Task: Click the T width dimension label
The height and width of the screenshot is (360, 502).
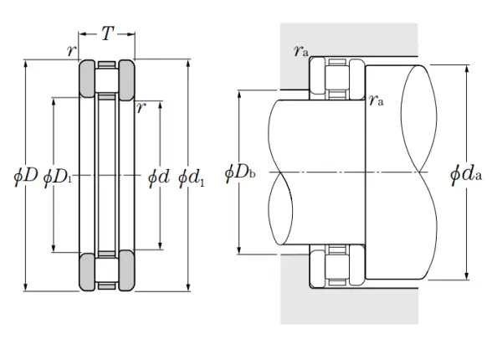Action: click(x=108, y=33)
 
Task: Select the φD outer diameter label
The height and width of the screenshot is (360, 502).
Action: click(x=26, y=176)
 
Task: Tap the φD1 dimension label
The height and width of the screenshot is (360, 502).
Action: click(x=58, y=177)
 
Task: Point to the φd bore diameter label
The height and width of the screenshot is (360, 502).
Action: click(x=158, y=177)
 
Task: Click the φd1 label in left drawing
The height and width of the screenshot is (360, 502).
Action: click(x=191, y=177)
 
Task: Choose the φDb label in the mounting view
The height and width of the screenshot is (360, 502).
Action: click(x=240, y=173)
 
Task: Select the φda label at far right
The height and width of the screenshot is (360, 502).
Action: click(x=466, y=174)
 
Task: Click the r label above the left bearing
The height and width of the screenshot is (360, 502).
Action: click(x=72, y=50)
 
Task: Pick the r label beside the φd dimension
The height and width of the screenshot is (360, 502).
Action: click(x=141, y=108)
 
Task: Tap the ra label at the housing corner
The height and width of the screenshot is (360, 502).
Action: click(x=301, y=50)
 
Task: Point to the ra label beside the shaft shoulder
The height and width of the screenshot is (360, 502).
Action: click(x=376, y=100)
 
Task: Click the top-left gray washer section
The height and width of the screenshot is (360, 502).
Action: click(x=87, y=79)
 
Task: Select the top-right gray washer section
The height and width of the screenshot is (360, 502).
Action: click(x=127, y=79)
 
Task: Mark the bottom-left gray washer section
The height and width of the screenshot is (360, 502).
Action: click(x=87, y=271)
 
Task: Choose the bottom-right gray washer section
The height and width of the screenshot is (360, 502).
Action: click(x=127, y=270)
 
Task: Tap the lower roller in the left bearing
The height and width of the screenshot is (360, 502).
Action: click(x=107, y=270)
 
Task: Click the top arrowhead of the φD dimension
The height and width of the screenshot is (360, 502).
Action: click(x=26, y=64)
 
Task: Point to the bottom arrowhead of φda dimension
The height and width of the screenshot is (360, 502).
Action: click(x=467, y=276)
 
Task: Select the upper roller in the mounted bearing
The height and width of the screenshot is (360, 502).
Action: click(x=337, y=78)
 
